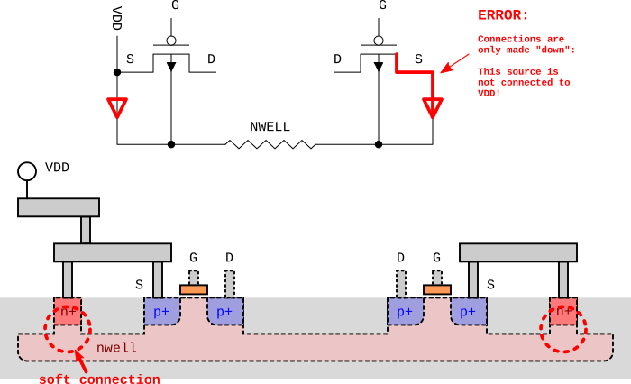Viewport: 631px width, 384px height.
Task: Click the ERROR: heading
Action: tap(503, 15)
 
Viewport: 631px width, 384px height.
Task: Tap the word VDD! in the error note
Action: tap(489, 94)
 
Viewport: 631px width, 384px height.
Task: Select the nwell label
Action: tap(116, 347)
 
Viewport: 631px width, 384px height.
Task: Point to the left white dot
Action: tap(171, 41)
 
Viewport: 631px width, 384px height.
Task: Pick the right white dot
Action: tap(379, 41)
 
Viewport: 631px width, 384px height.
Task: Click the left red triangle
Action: tap(117, 106)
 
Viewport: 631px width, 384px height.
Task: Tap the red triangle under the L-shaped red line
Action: tap(433, 106)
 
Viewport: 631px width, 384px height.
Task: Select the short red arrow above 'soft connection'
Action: tap(80, 361)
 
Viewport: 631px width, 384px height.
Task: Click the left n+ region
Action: tap(68, 311)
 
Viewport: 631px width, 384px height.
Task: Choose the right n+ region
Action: tap(563, 311)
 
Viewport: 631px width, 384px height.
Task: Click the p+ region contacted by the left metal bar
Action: tap(161, 311)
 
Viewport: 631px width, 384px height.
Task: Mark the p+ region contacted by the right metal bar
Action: tap(468, 311)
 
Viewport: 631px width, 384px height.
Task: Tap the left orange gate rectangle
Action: tap(194, 289)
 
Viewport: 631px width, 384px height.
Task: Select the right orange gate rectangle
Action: tap(437, 289)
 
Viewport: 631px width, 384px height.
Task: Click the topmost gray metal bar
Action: tap(59, 207)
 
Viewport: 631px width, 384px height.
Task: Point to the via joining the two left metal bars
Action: tap(86, 230)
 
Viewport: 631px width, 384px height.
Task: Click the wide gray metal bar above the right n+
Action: tap(518, 252)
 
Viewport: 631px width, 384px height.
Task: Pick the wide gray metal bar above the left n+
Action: tap(113, 252)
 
